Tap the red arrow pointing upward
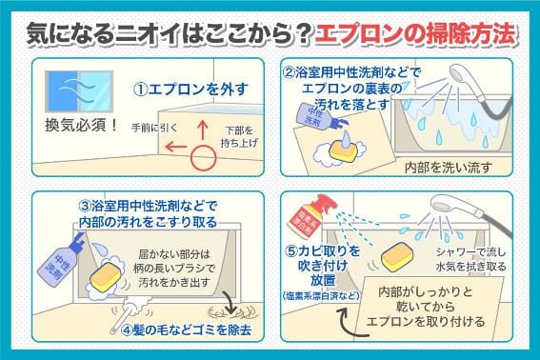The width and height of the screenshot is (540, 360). (x=203, y=130)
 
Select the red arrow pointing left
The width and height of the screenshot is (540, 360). (x=175, y=147)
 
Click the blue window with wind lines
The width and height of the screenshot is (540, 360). (x=79, y=91)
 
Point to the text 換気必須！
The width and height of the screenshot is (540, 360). (x=82, y=126)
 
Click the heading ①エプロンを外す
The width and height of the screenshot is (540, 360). (x=190, y=90)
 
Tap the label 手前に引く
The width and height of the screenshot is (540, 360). (x=154, y=128)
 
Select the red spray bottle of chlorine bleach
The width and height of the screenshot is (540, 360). (x=311, y=215)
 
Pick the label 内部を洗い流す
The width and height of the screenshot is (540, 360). (x=448, y=168)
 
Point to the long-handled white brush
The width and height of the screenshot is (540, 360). (x=130, y=314)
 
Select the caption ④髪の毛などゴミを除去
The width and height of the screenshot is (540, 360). (x=187, y=330)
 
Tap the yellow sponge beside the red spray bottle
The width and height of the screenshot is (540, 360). (x=398, y=256)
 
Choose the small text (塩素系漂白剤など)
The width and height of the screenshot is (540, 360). (x=321, y=295)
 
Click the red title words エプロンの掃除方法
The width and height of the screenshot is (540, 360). (x=414, y=34)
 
